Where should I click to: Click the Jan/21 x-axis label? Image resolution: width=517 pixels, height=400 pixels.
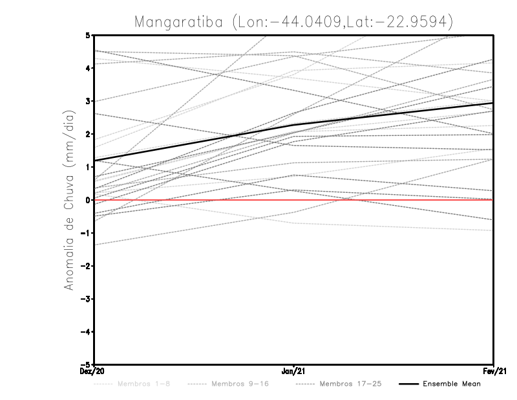coord(294,372)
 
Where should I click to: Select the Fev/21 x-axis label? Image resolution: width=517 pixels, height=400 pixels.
coord(494,372)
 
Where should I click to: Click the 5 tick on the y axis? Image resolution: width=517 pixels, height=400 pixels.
coord(88,35)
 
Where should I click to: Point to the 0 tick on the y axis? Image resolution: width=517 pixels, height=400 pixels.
coord(88,200)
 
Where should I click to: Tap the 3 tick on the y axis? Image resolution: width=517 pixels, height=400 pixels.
coord(88,101)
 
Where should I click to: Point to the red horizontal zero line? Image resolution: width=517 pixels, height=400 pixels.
coord(388,200)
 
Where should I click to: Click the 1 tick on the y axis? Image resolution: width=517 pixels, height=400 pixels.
coord(88,167)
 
